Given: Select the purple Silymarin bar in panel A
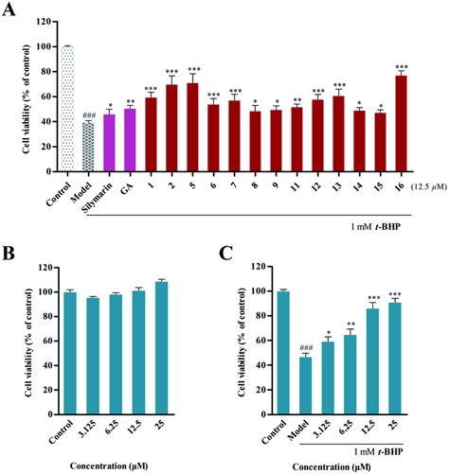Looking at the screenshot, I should [109, 141].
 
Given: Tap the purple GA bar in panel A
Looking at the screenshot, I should [130, 139].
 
